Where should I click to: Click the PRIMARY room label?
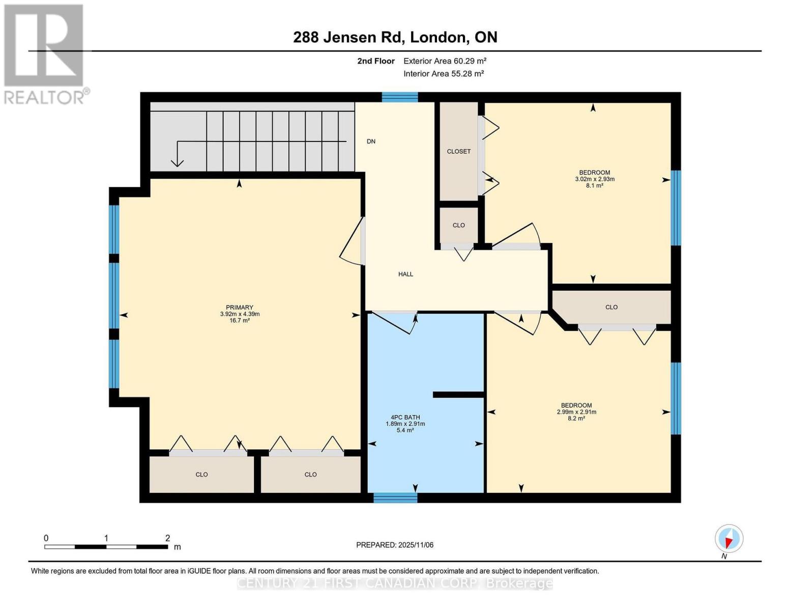pyautogui.click(x=239, y=308)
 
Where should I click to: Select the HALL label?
pyautogui.click(x=405, y=274)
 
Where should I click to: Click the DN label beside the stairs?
pyautogui.click(x=371, y=142)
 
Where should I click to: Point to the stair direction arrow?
pyautogui.click(x=178, y=153)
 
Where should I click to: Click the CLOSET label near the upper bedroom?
pyautogui.click(x=458, y=151)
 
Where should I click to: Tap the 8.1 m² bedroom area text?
pyautogui.click(x=594, y=186)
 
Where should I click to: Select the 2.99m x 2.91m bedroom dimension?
pyautogui.click(x=576, y=412)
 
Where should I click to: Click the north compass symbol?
pyautogui.click(x=728, y=539)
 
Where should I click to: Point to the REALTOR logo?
pyautogui.click(x=44, y=53)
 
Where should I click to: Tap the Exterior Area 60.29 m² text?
pyautogui.click(x=445, y=61)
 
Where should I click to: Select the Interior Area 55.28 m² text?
pyautogui.click(x=443, y=73)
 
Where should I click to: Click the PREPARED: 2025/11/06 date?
pyautogui.click(x=395, y=545)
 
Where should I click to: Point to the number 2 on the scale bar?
pyautogui.click(x=167, y=538)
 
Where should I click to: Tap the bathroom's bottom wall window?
pyautogui.click(x=395, y=497)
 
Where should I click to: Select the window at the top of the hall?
pyautogui.click(x=400, y=97)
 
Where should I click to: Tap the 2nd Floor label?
pyautogui.click(x=375, y=61)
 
